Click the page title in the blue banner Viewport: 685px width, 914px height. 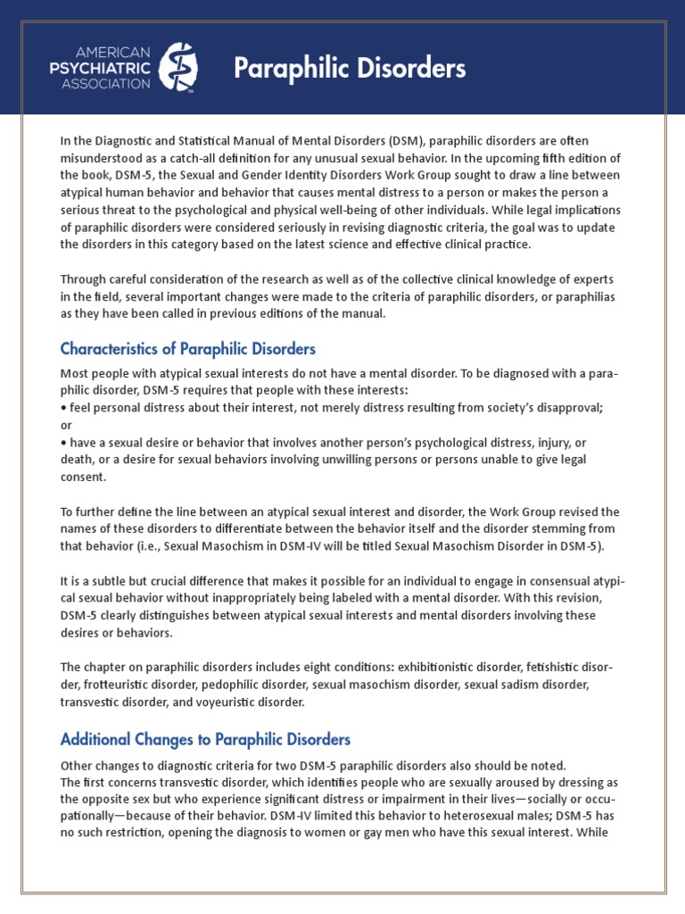tap(350, 69)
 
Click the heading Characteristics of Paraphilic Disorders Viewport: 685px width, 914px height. tap(187, 348)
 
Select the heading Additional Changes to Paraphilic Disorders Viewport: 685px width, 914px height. tap(205, 739)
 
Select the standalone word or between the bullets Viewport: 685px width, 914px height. tap(65, 424)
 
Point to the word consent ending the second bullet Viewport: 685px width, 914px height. tap(83, 477)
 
